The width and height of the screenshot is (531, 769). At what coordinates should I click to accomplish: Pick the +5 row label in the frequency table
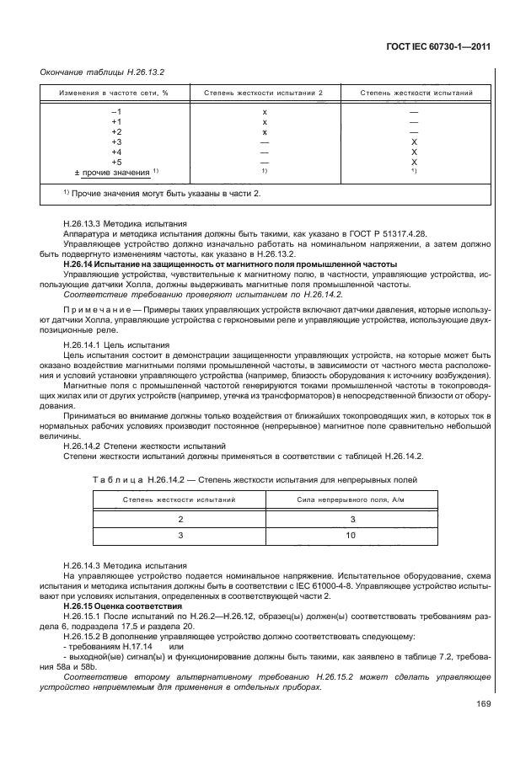116,162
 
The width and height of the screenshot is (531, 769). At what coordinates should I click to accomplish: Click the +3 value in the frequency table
116,142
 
